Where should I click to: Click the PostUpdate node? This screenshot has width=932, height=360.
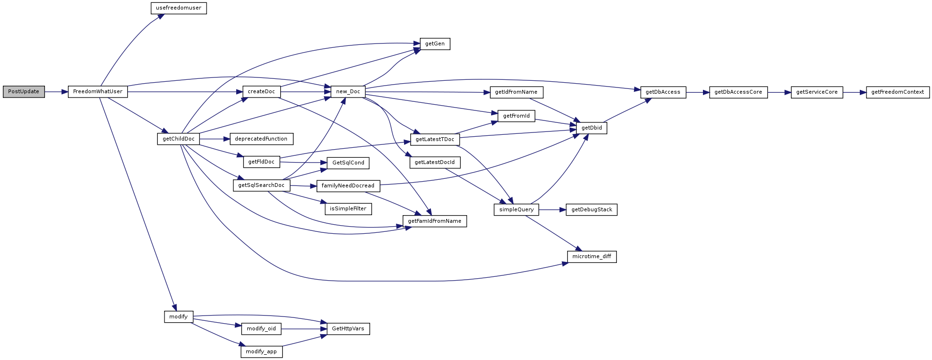(24, 92)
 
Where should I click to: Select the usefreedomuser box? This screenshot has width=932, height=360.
(179, 8)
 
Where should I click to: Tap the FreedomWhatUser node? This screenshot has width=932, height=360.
(98, 92)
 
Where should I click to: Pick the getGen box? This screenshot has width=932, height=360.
(435, 44)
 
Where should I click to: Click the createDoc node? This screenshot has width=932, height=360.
(262, 92)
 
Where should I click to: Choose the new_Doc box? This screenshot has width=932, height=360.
(348, 92)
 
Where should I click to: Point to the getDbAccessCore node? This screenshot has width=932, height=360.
(738, 92)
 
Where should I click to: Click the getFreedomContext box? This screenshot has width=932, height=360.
(898, 92)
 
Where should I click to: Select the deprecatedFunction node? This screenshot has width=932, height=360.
(262, 139)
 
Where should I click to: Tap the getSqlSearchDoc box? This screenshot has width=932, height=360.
(262, 185)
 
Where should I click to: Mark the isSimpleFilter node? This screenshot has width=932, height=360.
(348, 209)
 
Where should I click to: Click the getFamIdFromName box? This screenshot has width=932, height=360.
(435, 221)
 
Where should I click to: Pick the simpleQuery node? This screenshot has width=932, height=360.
(516, 210)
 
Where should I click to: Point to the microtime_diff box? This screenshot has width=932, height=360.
(592, 257)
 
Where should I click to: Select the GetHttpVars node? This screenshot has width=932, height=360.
(348, 329)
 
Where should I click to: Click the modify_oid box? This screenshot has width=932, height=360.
(261, 329)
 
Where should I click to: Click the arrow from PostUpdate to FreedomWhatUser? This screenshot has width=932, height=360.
(56, 92)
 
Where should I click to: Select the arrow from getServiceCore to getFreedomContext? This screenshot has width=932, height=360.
(855, 92)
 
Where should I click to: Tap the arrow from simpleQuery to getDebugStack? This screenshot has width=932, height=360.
(552, 210)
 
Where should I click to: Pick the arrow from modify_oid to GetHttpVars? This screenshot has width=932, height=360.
(304, 329)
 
